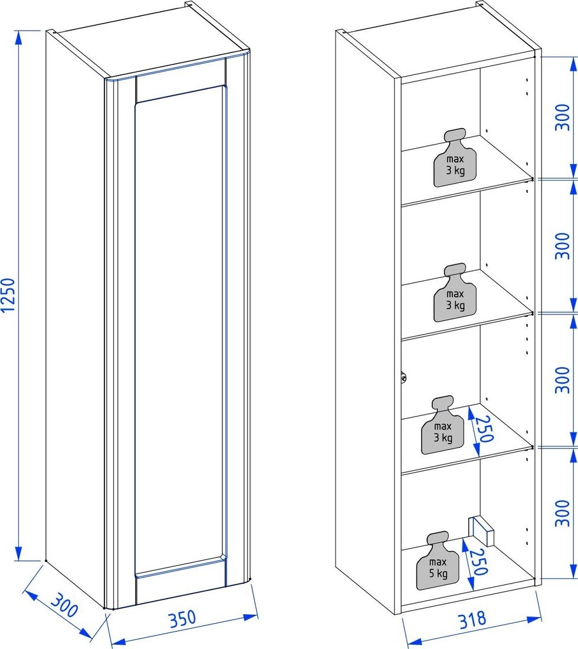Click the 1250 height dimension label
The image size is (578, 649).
click(x=8, y=295)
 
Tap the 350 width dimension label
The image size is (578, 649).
click(x=182, y=618)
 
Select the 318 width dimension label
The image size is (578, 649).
click(x=472, y=619)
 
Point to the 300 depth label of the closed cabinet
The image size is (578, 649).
click(x=64, y=605)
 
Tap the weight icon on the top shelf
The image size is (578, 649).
click(x=455, y=158)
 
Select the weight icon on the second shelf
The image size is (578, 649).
click(x=455, y=293)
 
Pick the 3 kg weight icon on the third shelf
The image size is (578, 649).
click(x=443, y=425)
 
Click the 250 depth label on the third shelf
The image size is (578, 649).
click(x=484, y=429)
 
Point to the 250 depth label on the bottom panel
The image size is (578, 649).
click(x=478, y=562)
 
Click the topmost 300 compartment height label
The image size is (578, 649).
click(x=562, y=117)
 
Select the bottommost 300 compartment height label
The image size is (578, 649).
click(x=562, y=513)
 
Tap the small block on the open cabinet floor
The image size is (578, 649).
click(x=481, y=530)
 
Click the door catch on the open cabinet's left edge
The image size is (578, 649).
click(x=403, y=378)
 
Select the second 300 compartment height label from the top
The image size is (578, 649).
click(x=562, y=246)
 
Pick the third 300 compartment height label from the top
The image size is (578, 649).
click(x=562, y=379)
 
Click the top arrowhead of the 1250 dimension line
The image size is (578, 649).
click(x=18, y=38)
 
